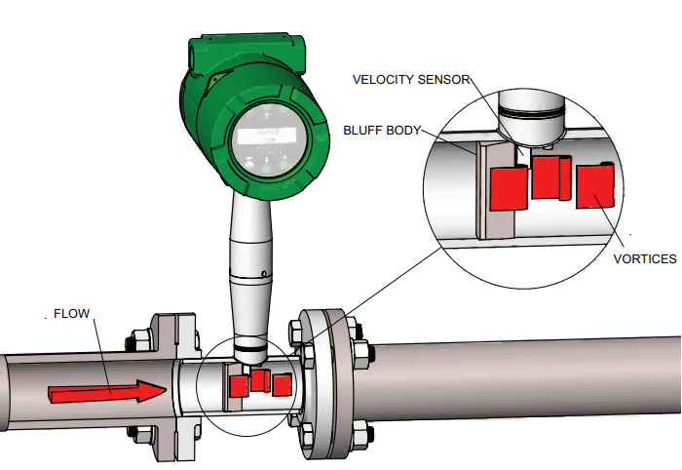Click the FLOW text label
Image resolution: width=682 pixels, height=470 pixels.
(x=71, y=314)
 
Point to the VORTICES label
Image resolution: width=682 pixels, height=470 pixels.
(x=645, y=259)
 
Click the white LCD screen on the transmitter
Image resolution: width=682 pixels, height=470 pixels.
(x=268, y=136)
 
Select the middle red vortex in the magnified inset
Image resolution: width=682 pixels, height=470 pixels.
(x=550, y=177)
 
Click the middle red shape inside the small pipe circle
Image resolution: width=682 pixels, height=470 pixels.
(x=259, y=380)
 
